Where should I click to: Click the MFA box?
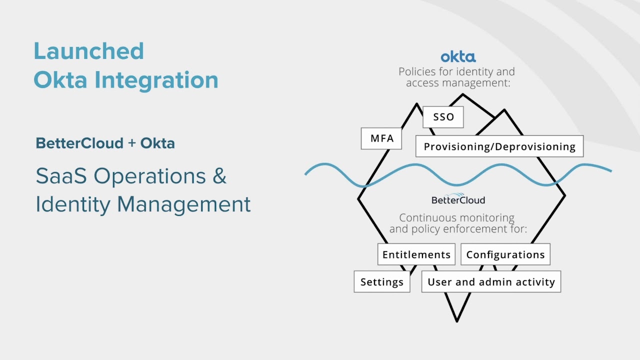click(381, 138)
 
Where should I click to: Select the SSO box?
click(443, 117)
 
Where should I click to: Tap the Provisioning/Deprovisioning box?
click(499, 146)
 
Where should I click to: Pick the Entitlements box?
click(416, 254)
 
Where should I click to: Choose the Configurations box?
click(505, 254)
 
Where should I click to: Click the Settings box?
click(381, 282)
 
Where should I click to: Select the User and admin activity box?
click(491, 282)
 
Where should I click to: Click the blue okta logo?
click(458, 56)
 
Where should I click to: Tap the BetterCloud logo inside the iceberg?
click(458, 199)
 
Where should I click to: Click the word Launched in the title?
click(88, 51)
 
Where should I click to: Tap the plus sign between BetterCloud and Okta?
click(132, 143)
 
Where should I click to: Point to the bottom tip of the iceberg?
click(456, 320)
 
